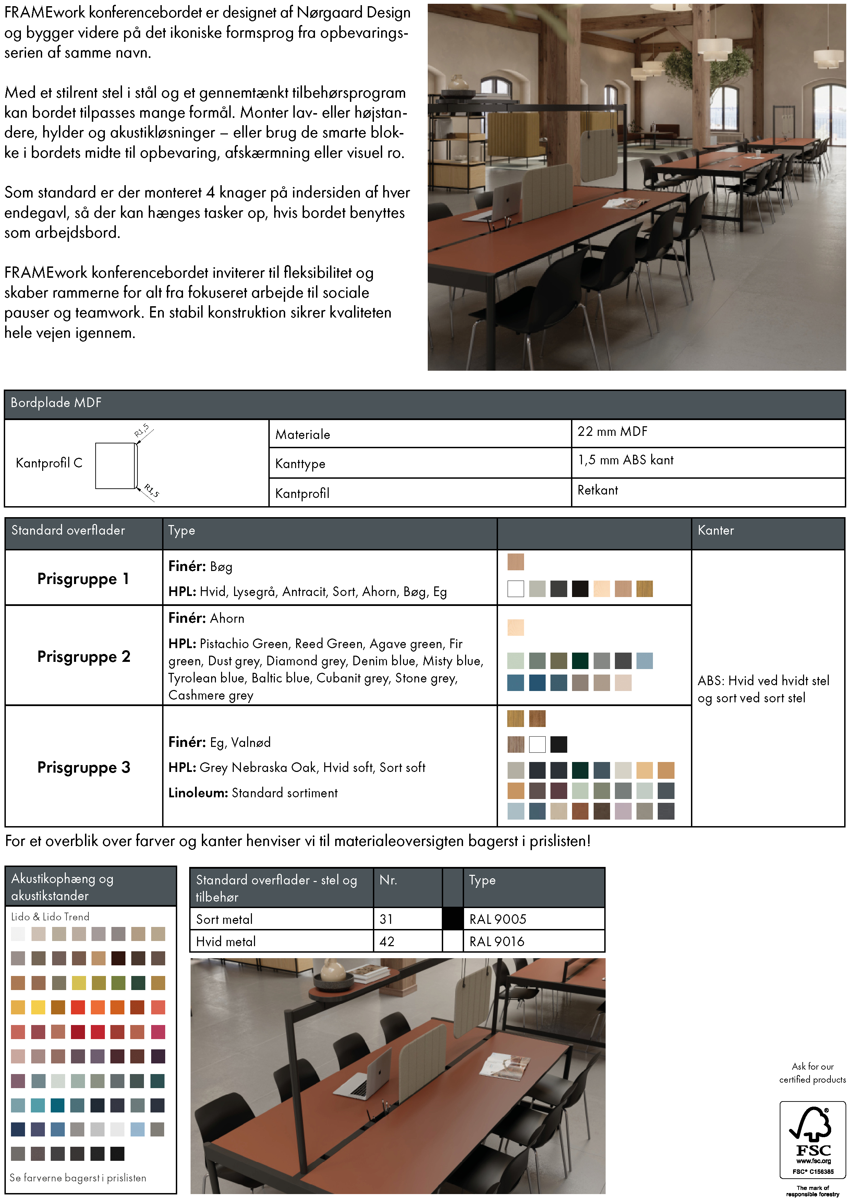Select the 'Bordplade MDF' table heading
coord(56,403)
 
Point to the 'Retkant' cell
coord(597,490)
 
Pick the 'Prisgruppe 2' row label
coord(84,656)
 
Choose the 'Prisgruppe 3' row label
coord(84,767)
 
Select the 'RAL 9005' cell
coord(498,919)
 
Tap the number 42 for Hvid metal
coord(387,942)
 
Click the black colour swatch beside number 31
coord(452,919)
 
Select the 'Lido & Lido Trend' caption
coord(50,916)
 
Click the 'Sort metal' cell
coord(224,919)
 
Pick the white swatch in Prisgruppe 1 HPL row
coord(515,589)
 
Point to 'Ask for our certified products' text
coord(812,1073)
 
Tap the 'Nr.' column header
coord(388,880)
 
